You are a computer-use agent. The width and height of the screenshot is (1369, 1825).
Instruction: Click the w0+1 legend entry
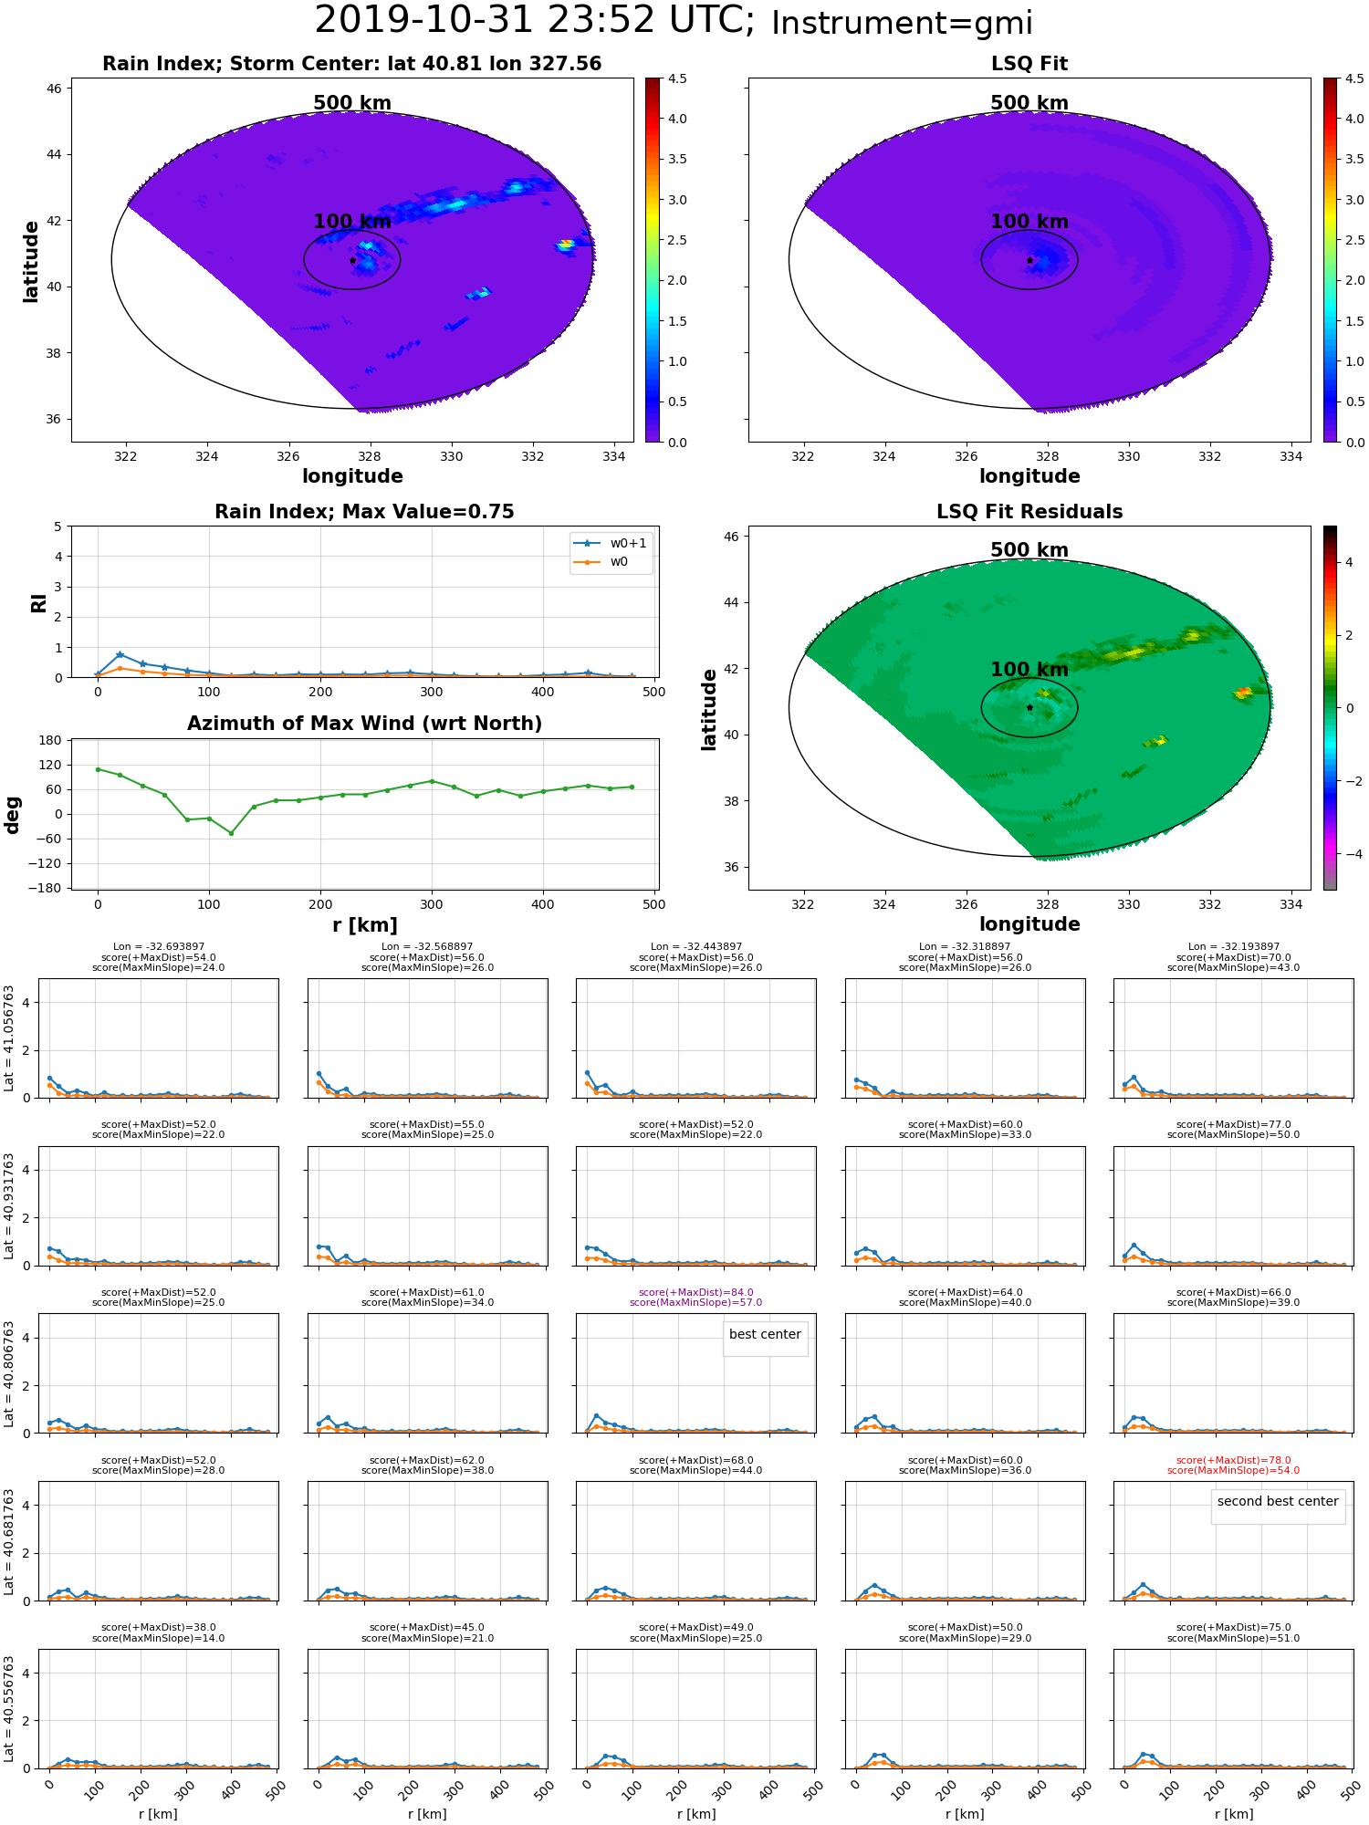click(610, 543)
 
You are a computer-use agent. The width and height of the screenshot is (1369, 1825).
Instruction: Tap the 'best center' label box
click(765, 1335)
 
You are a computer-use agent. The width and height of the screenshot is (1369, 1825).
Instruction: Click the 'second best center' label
click(1278, 1502)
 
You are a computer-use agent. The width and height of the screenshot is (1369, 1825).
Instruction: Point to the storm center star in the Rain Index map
click(352, 260)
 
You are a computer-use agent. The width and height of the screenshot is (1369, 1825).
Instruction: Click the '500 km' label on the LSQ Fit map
click(1029, 103)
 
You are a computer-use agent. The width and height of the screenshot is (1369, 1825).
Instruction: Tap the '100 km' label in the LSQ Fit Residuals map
click(1029, 670)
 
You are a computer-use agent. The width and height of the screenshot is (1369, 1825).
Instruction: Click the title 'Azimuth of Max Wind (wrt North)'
click(364, 724)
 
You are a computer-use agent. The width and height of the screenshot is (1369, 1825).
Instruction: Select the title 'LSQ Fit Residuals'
click(1029, 512)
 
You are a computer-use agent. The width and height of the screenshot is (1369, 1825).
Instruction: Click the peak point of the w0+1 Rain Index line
click(120, 654)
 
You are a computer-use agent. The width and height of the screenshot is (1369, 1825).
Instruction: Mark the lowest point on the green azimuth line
click(231, 833)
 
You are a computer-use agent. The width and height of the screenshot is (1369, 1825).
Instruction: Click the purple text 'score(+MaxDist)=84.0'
click(696, 1292)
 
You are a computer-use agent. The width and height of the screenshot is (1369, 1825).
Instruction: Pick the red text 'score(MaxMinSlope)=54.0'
click(1233, 1470)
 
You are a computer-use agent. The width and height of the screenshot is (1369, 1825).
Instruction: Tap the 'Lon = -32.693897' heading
click(159, 947)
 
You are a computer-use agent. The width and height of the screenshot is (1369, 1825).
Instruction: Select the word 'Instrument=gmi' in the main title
click(902, 24)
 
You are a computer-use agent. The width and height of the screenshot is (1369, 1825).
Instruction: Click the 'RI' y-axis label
click(38, 602)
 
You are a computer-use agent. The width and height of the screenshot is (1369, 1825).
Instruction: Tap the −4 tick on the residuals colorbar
click(1349, 854)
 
